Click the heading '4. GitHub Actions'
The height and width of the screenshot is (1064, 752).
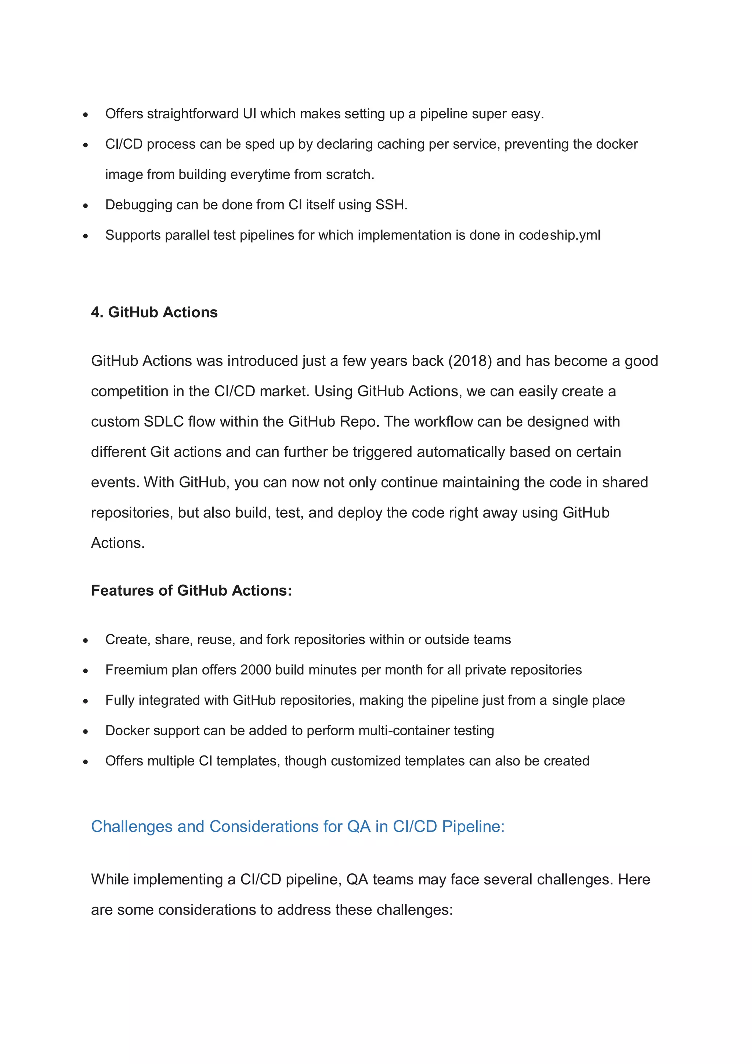click(154, 312)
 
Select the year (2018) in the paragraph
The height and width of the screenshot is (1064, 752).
click(470, 361)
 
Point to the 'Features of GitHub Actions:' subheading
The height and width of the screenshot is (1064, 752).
click(191, 590)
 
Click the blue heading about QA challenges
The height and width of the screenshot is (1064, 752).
click(297, 826)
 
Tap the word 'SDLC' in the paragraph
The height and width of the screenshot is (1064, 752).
click(163, 422)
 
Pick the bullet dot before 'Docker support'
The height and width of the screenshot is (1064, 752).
click(86, 731)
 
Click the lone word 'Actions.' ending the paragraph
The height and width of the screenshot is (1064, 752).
click(118, 543)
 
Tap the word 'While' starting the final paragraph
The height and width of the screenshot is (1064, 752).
click(110, 879)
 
